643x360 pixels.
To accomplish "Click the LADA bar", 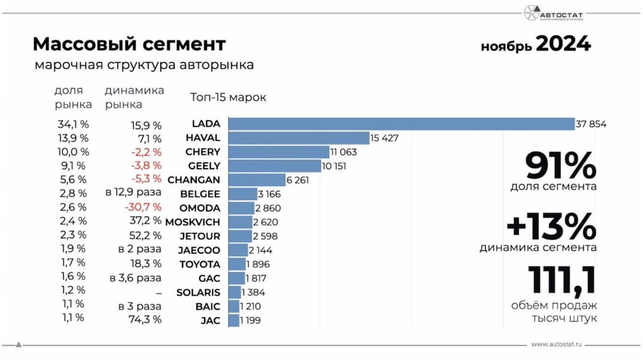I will coord(401,124).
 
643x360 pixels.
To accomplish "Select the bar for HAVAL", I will coord(298,138).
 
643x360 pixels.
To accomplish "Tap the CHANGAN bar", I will coord(256,179).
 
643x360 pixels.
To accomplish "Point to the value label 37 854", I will coord(591,125).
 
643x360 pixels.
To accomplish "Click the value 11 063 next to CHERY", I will coord(343,152).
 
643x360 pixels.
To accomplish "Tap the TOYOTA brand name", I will coord(200,264).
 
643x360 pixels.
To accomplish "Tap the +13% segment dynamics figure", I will coord(551,227).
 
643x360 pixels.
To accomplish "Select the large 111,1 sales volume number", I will coord(562,281).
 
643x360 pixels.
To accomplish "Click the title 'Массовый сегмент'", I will coord(129,44).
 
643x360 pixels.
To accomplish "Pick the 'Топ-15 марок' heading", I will coord(228,97).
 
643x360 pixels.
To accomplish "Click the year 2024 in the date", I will coord(563,44).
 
